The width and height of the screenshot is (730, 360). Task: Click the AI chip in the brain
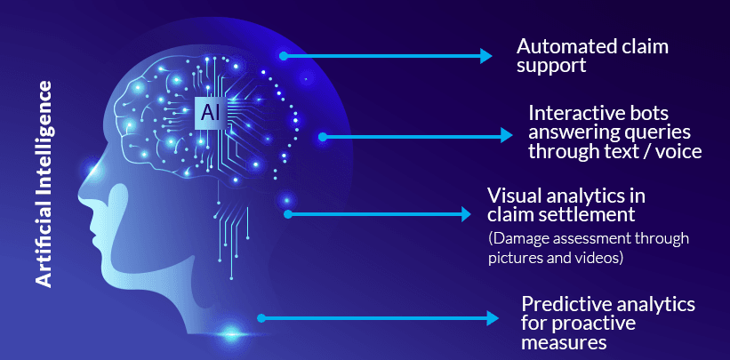[208, 114]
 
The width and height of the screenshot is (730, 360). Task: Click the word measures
[564, 342]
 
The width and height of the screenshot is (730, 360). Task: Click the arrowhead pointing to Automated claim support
[485, 56]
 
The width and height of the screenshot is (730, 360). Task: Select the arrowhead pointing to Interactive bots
[507, 136]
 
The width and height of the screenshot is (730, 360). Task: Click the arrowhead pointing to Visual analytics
[465, 214]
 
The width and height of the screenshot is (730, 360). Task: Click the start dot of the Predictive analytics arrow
[260, 317]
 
